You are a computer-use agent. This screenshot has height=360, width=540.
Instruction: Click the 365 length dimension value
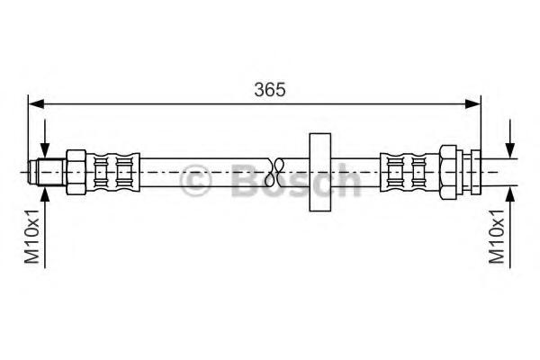pyautogui.click(x=270, y=90)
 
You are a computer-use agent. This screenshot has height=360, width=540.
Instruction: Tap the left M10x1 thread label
pyautogui.click(x=32, y=237)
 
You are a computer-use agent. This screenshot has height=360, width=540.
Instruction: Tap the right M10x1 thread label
pyautogui.click(x=496, y=237)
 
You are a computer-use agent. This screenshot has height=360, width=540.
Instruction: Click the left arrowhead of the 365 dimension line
pyautogui.click(x=36, y=103)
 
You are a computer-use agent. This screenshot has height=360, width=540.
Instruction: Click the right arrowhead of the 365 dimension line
pyautogui.click(x=472, y=103)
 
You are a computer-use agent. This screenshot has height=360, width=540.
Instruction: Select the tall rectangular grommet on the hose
pyautogui.click(x=319, y=172)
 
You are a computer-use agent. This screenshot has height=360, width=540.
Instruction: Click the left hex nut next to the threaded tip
pyautogui.click(x=76, y=172)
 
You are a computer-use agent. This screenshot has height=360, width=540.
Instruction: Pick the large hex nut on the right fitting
pyautogui.click(x=448, y=172)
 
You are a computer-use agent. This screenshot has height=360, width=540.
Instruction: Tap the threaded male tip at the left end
pyautogui.click(x=47, y=172)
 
